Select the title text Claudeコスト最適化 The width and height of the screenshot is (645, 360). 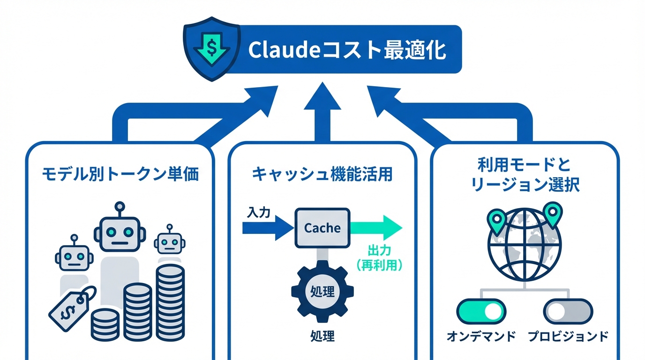click(x=347, y=50)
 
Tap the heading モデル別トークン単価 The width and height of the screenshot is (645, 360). click(x=120, y=174)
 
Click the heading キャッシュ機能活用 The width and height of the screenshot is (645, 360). click(x=322, y=174)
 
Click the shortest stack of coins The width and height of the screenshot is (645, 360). click(x=105, y=324)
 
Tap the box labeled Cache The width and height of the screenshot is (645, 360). click(x=322, y=228)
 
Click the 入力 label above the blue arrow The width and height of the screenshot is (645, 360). click(x=258, y=212)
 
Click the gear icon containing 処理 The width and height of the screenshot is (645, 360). click(x=322, y=292)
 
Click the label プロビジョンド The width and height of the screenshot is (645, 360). click(x=568, y=336)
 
